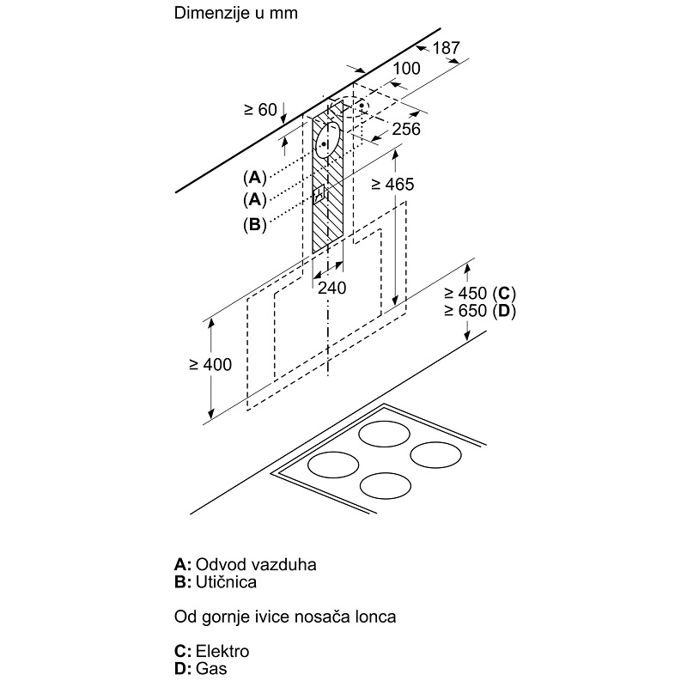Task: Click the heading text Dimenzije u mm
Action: pyautogui.click(x=235, y=13)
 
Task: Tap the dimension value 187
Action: pyautogui.click(x=447, y=48)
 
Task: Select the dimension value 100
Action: pyautogui.click(x=406, y=69)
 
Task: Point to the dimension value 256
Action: pyautogui.click(x=406, y=130)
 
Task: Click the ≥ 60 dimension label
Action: pyautogui.click(x=261, y=110)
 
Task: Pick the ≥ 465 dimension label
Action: pyautogui.click(x=392, y=185)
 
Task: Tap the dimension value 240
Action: pyautogui.click(x=332, y=288)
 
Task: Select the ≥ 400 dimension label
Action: pyautogui.click(x=210, y=364)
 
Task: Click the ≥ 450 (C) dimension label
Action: pyautogui.click(x=480, y=293)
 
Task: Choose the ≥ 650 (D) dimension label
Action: pyautogui.click(x=480, y=311)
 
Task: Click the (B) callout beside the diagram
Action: pyautogui.click(x=255, y=225)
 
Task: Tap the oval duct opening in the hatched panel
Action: pyautogui.click(x=328, y=140)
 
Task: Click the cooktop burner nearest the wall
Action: pyautogui.click(x=384, y=435)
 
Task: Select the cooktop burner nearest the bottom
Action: pyautogui.click(x=386, y=485)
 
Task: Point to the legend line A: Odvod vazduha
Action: pyautogui.click(x=246, y=564)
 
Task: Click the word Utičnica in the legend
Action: pyautogui.click(x=226, y=582)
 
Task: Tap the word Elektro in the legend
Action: pyautogui.click(x=222, y=651)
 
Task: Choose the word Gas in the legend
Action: pyautogui.click(x=211, y=669)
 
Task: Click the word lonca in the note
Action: pyautogui.click(x=377, y=617)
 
